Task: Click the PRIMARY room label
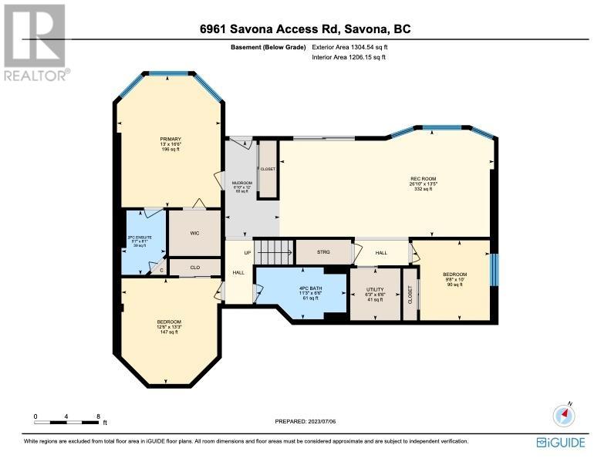point(170,144)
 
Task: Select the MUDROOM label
point(242,187)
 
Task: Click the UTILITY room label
point(375,294)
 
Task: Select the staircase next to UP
point(275,251)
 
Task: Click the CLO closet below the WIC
point(195,268)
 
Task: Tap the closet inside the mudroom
point(268,168)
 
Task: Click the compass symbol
point(565,415)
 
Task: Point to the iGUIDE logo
point(561,442)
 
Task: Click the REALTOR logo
point(35,42)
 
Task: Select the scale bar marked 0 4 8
point(67,421)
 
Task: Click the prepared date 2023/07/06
point(305,421)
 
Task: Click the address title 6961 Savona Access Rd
point(305,29)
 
